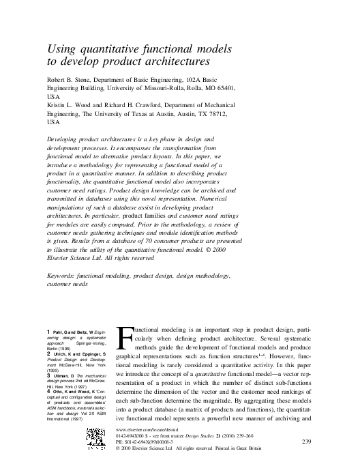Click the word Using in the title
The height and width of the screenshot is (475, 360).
click(60, 49)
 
